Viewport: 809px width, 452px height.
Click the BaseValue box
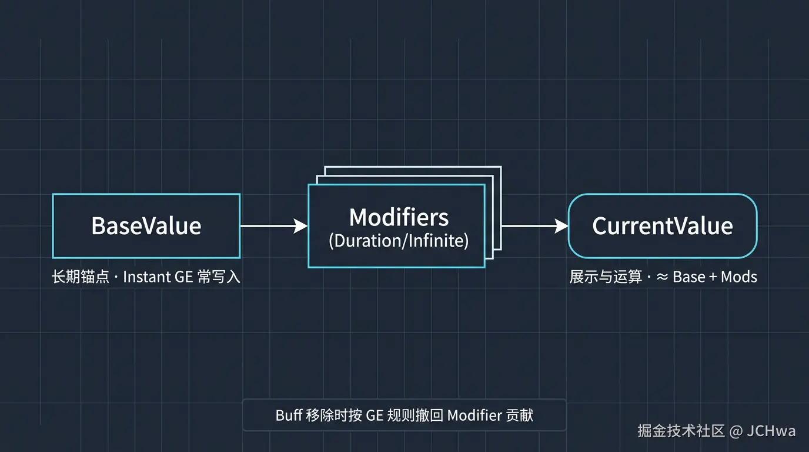pos(146,226)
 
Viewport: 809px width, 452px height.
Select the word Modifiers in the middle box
pos(399,217)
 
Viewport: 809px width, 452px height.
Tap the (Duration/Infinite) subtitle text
pos(399,241)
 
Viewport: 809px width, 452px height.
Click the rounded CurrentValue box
pos(662,226)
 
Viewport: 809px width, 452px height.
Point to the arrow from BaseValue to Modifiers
pos(273,226)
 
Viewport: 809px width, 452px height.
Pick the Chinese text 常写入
pos(219,277)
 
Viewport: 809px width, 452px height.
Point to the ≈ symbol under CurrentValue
pos(662,277)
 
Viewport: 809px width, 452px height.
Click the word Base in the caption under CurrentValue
pos(689,277)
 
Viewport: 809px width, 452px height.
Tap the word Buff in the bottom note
pos(289,416)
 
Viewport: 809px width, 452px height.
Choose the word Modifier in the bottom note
pos(474,416)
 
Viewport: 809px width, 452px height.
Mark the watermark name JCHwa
pos(771,431)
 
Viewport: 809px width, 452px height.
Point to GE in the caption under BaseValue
pos(184,277)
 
